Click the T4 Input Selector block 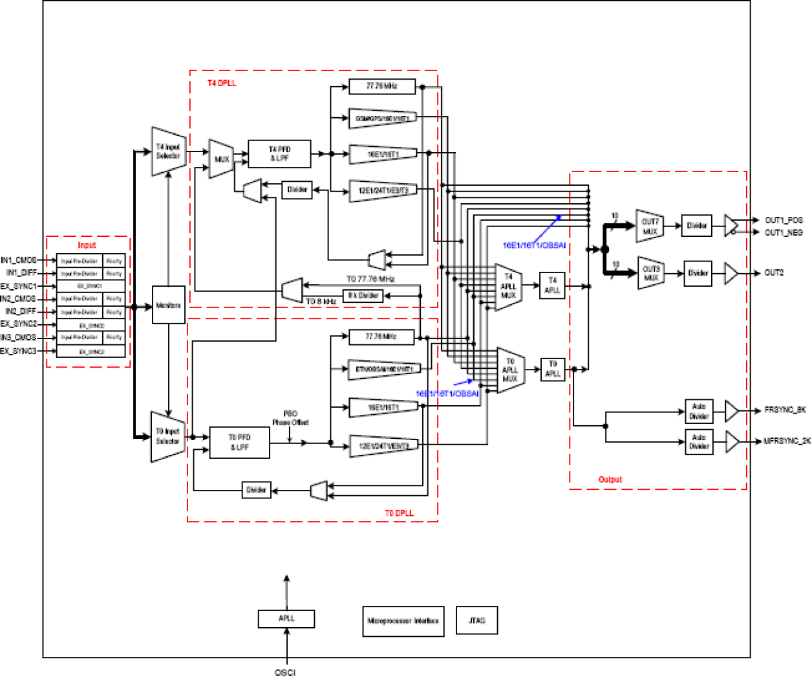(x=168, y=151)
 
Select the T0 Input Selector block (x=167, y=437)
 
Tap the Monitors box (x=169, y=305)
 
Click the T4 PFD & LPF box (x=279, y=154)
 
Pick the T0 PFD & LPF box (x=239, y=443)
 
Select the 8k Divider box (x=363, y=296)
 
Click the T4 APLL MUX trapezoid (x=508, y=287)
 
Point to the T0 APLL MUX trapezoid (x=510, y=370)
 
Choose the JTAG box (x=476, y=621)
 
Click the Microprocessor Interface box (x=403, y=621)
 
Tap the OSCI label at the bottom (x=285, y=672)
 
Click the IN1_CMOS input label (x=19, y=260)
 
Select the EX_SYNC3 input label (x=18, y=351)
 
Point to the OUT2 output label (x=774, y=273)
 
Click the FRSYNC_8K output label (x=785, y=410)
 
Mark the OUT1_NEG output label (x=784, y=232)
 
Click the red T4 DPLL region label (x=222, y=83)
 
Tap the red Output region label (x=610, y=480)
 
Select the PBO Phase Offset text (x=290, y=418)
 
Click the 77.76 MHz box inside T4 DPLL (x=381, y=86)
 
